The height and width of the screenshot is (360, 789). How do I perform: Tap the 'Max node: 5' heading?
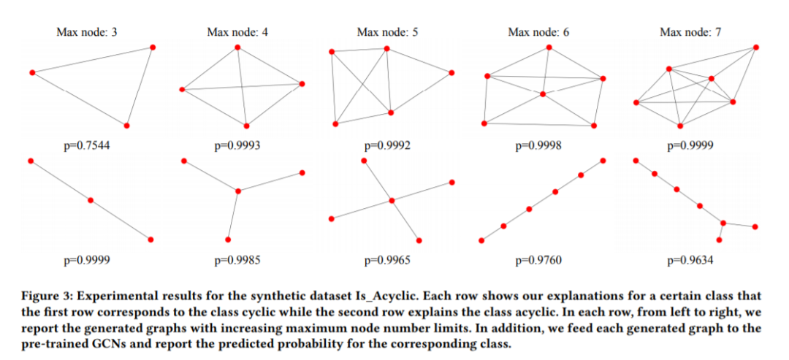(x=387, y=32)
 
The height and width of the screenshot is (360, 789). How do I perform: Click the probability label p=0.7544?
(x=87, y=145)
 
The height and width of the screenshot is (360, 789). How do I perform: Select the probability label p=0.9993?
(x=237, y=145)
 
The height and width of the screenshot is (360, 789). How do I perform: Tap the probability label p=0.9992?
(x=387, y=145)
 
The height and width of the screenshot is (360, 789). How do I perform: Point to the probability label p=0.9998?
(x=538, y=145)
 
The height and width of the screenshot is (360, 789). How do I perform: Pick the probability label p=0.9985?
(x=237, y=259)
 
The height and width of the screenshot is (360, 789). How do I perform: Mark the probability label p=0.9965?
(x=387, y=259)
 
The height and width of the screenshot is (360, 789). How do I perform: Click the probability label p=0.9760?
(x=538, y=259)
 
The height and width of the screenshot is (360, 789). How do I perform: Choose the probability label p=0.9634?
(x=690, y=259)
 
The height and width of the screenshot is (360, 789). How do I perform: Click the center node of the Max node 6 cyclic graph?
(x=542, y=94)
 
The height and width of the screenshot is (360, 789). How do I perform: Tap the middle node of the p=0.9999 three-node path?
(x=91, y=199)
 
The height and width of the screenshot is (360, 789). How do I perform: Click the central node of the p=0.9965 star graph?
(x=392, y=200)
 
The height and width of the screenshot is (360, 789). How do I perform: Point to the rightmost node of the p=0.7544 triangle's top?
(x=153, y=47)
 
